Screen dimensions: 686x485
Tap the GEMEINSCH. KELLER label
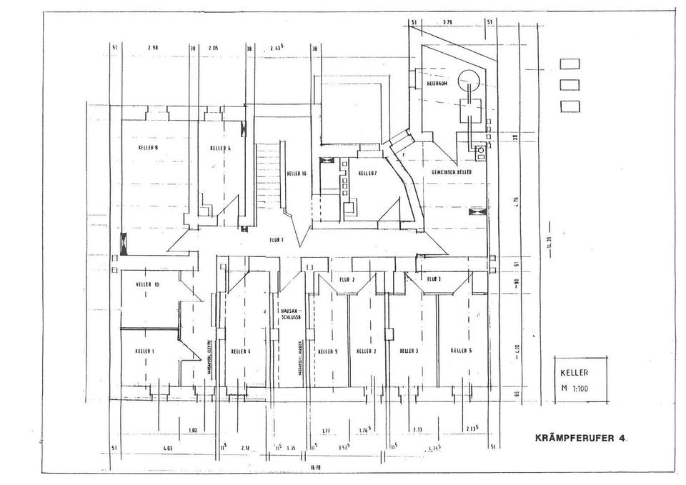tap(450, 174)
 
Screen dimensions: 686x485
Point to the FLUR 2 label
tap(347, 279)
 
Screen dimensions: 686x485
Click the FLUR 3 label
tap(434, 279)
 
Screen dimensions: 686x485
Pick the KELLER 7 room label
tap(367, 174)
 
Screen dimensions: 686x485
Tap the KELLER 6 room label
tap(220, 149)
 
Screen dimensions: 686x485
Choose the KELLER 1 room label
tap(144, 351)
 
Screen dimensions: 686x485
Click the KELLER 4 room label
tap(241, 351)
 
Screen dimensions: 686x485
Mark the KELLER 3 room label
tap(409, 351)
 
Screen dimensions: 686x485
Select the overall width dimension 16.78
tap(315, 467)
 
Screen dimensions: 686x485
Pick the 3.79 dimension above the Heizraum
tap(447, 22)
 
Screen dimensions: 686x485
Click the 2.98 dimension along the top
tap(152, 48)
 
